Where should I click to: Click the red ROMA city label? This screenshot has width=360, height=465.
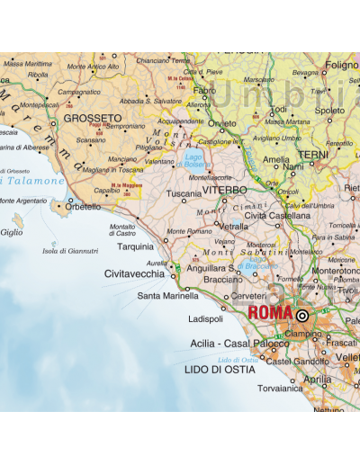[270, 313]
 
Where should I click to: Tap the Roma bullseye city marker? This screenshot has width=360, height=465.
[301, 316]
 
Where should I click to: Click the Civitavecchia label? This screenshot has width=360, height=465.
[134, 273]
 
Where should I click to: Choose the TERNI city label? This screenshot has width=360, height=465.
[313, 155]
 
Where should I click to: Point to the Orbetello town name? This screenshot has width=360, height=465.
[83, 207]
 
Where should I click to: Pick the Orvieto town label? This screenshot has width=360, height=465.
[222, 123]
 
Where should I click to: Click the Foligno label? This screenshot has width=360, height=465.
[342, 65]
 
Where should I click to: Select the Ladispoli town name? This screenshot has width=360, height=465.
[206, 318]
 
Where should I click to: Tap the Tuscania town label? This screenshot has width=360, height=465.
[184, 192]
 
